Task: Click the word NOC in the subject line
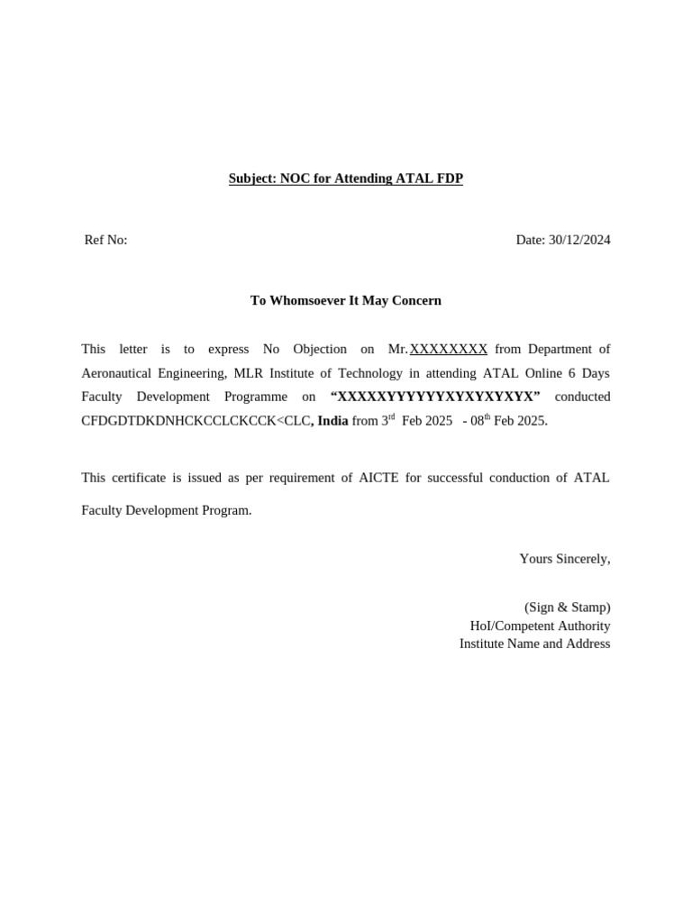coord(295,178)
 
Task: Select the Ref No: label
coord(105,240)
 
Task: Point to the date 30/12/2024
coord(579,240)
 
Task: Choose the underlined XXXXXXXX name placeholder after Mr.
coord(449,349)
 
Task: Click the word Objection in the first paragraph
coord(320,349)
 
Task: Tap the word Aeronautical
coord(120,372)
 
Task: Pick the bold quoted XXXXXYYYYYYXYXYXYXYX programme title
coord(435,397)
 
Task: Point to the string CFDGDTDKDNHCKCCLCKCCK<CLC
coord(196,420)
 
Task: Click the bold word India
coord(332,420)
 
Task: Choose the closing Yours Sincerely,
coord(564,559)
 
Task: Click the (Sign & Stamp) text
coord(567,608)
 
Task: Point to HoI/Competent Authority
coord(540,626)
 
